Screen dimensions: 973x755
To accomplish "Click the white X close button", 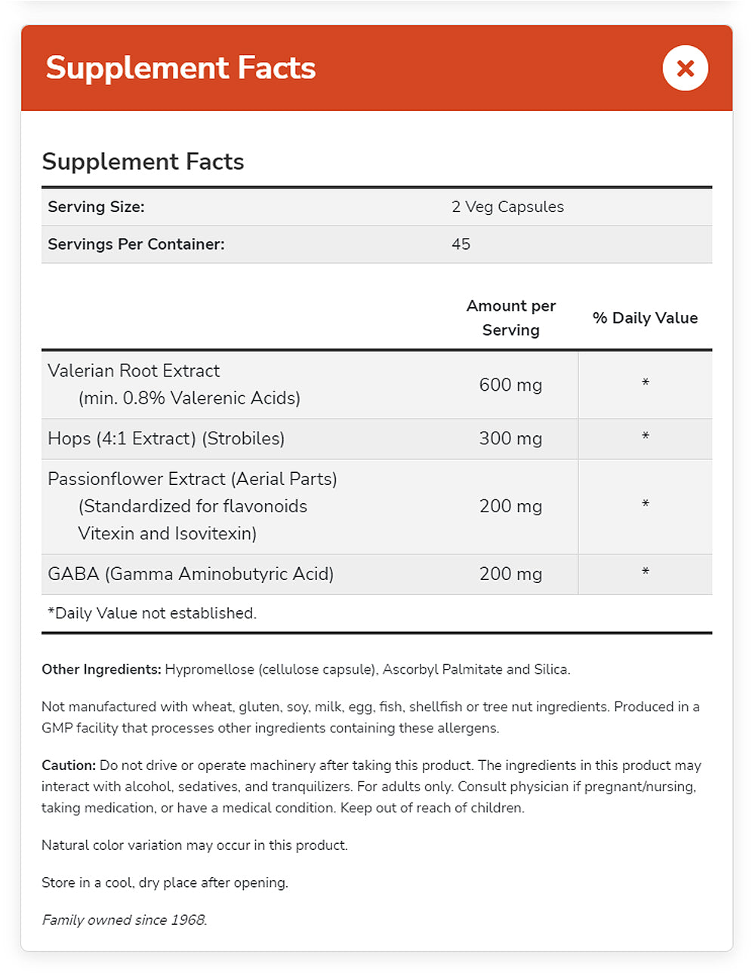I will pos(685,68).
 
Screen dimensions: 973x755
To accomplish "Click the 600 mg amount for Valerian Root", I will pos(510,385).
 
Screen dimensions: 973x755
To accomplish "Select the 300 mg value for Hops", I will pos(510,438).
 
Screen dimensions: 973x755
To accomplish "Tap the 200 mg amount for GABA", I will pos(510,574).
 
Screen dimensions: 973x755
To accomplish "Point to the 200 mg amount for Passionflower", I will pos(510,506).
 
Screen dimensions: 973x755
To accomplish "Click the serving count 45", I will pos(461,244).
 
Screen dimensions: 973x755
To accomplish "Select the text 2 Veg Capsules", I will pos(507,207).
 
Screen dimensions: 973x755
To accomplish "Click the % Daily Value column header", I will pos(645,318).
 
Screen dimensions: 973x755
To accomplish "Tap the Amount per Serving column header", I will pos(510,318).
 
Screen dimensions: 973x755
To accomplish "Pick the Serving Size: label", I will pos(96,207).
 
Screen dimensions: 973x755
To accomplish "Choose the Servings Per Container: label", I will pos(136,244).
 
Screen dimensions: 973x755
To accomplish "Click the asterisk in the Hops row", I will pos(646,437).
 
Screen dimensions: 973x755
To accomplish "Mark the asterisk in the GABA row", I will pos(646,573).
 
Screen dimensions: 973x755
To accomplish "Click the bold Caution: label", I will pos(69,766).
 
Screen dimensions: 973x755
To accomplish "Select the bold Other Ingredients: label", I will pos(101,669).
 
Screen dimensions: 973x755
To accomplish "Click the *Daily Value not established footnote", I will pos(152,613).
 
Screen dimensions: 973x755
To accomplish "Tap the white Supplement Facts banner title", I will pos(180,68).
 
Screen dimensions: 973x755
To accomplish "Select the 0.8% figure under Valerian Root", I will pos(143,398).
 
